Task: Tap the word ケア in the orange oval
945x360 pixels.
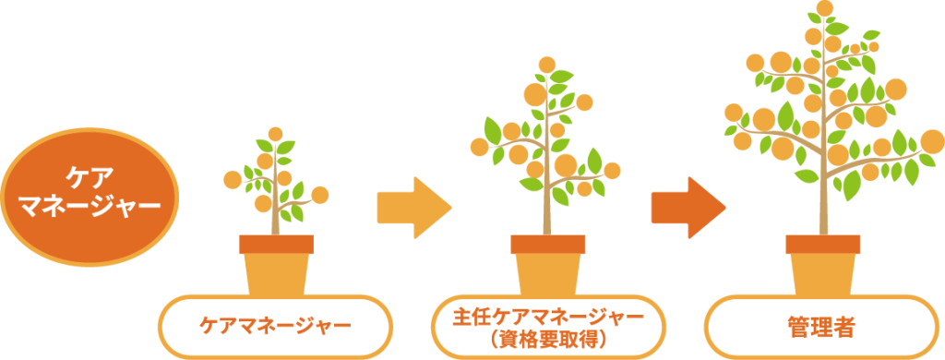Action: click(x=89, y=175)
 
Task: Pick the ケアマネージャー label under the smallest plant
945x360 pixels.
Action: click(x=275, y=325)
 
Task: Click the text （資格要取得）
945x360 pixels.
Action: click(x=549, y=339)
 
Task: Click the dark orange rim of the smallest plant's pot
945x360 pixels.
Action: click(x=275, y=245)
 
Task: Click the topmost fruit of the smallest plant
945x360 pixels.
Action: click(x=274, y=135)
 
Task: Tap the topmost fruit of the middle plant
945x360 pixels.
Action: click(x=547, y=65)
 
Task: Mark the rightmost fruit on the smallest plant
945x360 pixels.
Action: click(x=320, y=195)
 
